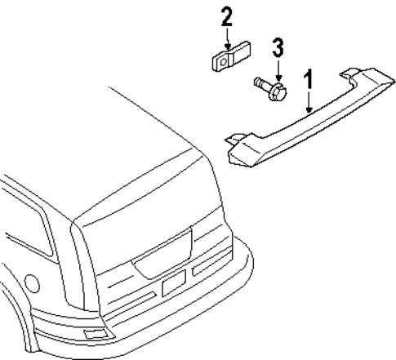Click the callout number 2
(x=226, y=16)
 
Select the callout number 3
(x=278, y=47)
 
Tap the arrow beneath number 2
(x=226, y=38)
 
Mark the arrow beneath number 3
(x=278, y=69)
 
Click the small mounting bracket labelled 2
(x=225, y=60)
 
